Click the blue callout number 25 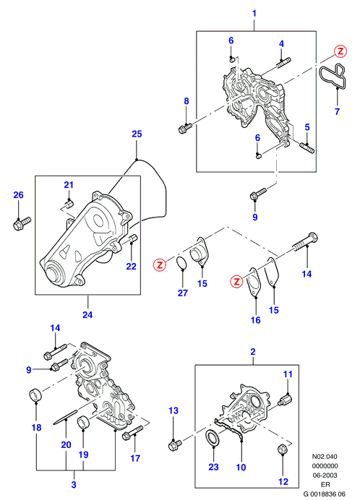137,134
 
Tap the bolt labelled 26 22,223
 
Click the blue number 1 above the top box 254,14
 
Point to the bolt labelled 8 184,128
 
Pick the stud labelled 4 282,63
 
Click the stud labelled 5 307,148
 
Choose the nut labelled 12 283,449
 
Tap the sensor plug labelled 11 286,400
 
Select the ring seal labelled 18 35,395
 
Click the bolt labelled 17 132,433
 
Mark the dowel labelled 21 69,203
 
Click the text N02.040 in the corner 325,457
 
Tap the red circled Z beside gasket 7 340,51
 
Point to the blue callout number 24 87,315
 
